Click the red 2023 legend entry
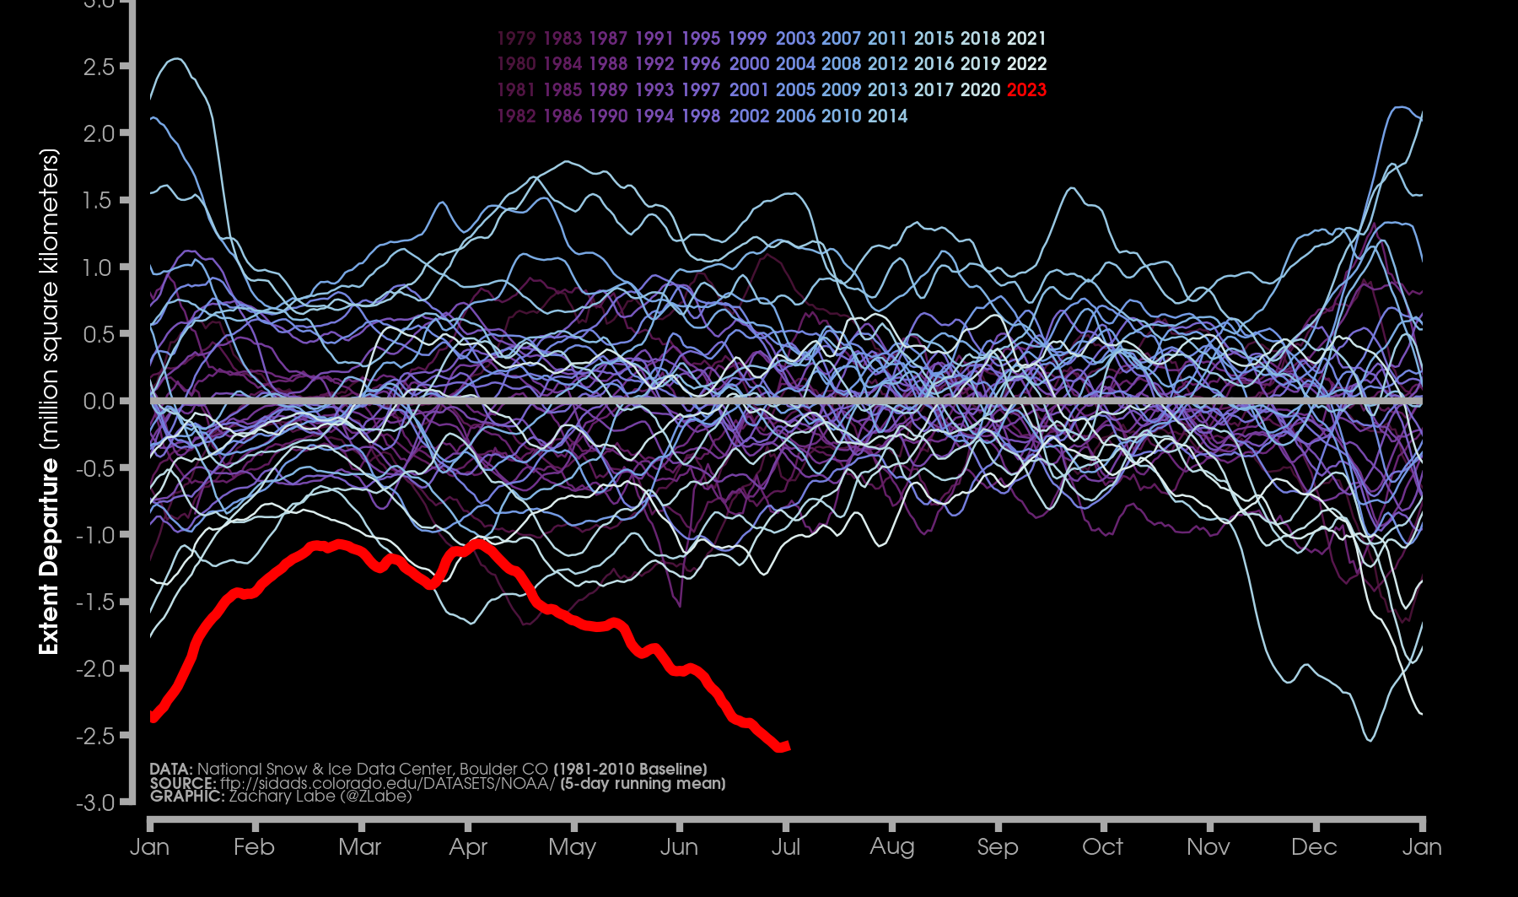tap(1026, 89)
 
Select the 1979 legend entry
tap(516, 38)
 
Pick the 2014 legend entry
tap(887, 116)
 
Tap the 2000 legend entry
tap(749, 64)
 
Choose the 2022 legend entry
tap(1026, 64)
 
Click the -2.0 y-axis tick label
tap(94, 669)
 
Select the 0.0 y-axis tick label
tap(99, 402)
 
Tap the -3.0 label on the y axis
tap(94, 802)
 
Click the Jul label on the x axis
tap(785, 846)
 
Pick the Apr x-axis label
tap(468, 846)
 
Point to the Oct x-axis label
tap(1102, 846)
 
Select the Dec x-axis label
tap(1314, 846)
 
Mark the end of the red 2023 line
tap(787, 746)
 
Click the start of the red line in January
tap(152, 717)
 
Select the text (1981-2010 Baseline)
tap(630, 769)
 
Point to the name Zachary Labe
tap(282, 796)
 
